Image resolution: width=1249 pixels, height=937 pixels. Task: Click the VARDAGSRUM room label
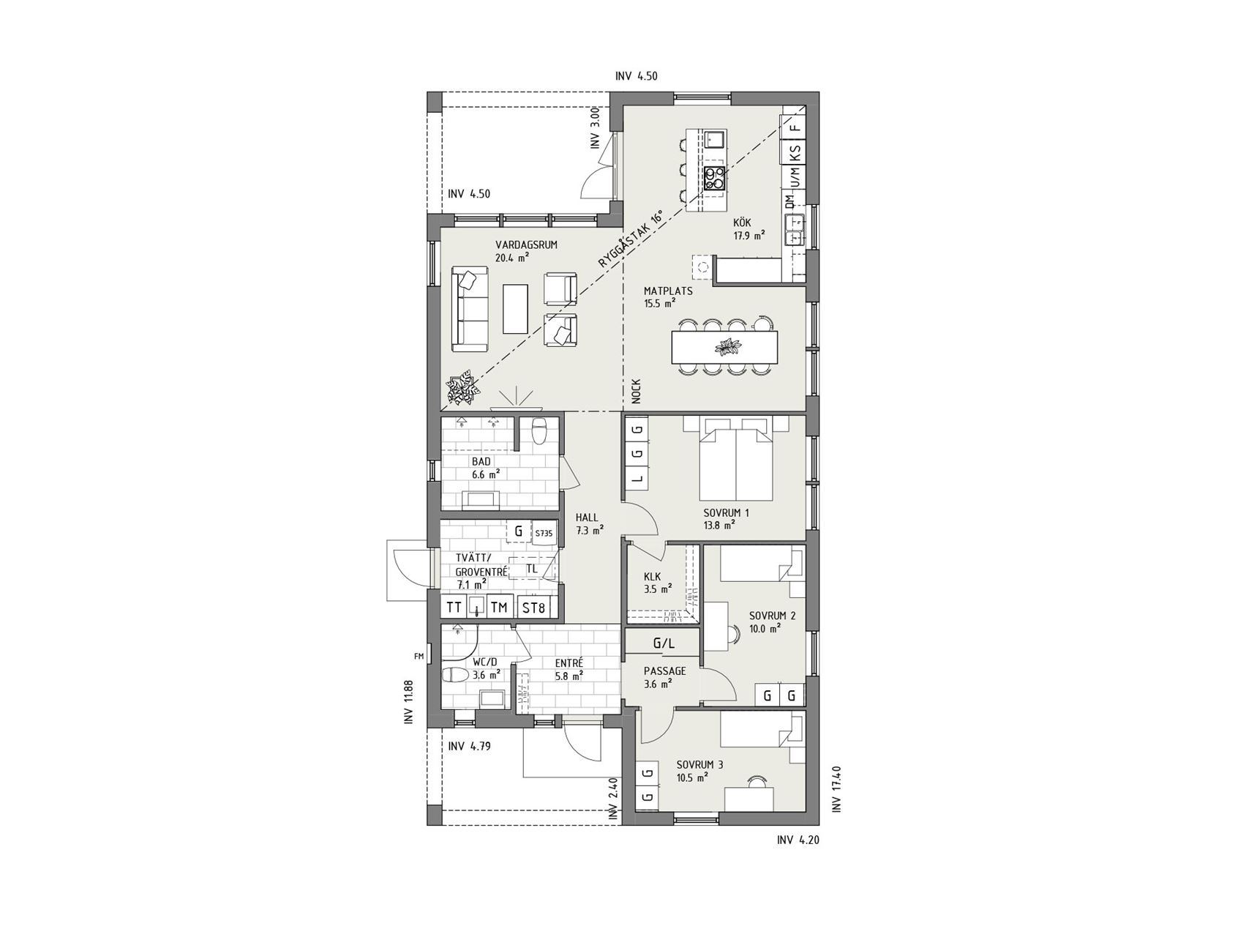coord(526,244)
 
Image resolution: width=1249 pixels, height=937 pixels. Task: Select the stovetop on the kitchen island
coord(714,179)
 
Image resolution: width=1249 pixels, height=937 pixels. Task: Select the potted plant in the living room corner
coord(462,388)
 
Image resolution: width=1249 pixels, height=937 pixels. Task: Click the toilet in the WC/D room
coord(457,673)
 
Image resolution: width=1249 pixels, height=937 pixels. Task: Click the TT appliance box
coord(454,608)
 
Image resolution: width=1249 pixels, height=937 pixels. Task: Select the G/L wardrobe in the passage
coord(663,643)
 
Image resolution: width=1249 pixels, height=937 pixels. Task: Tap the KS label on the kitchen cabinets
coord(795,153)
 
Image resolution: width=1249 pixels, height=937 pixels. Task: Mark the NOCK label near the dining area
coord(636,391)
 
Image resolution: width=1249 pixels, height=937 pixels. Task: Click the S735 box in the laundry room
coord(543,533)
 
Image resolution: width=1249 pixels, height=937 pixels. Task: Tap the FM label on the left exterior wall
coord(419,657)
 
